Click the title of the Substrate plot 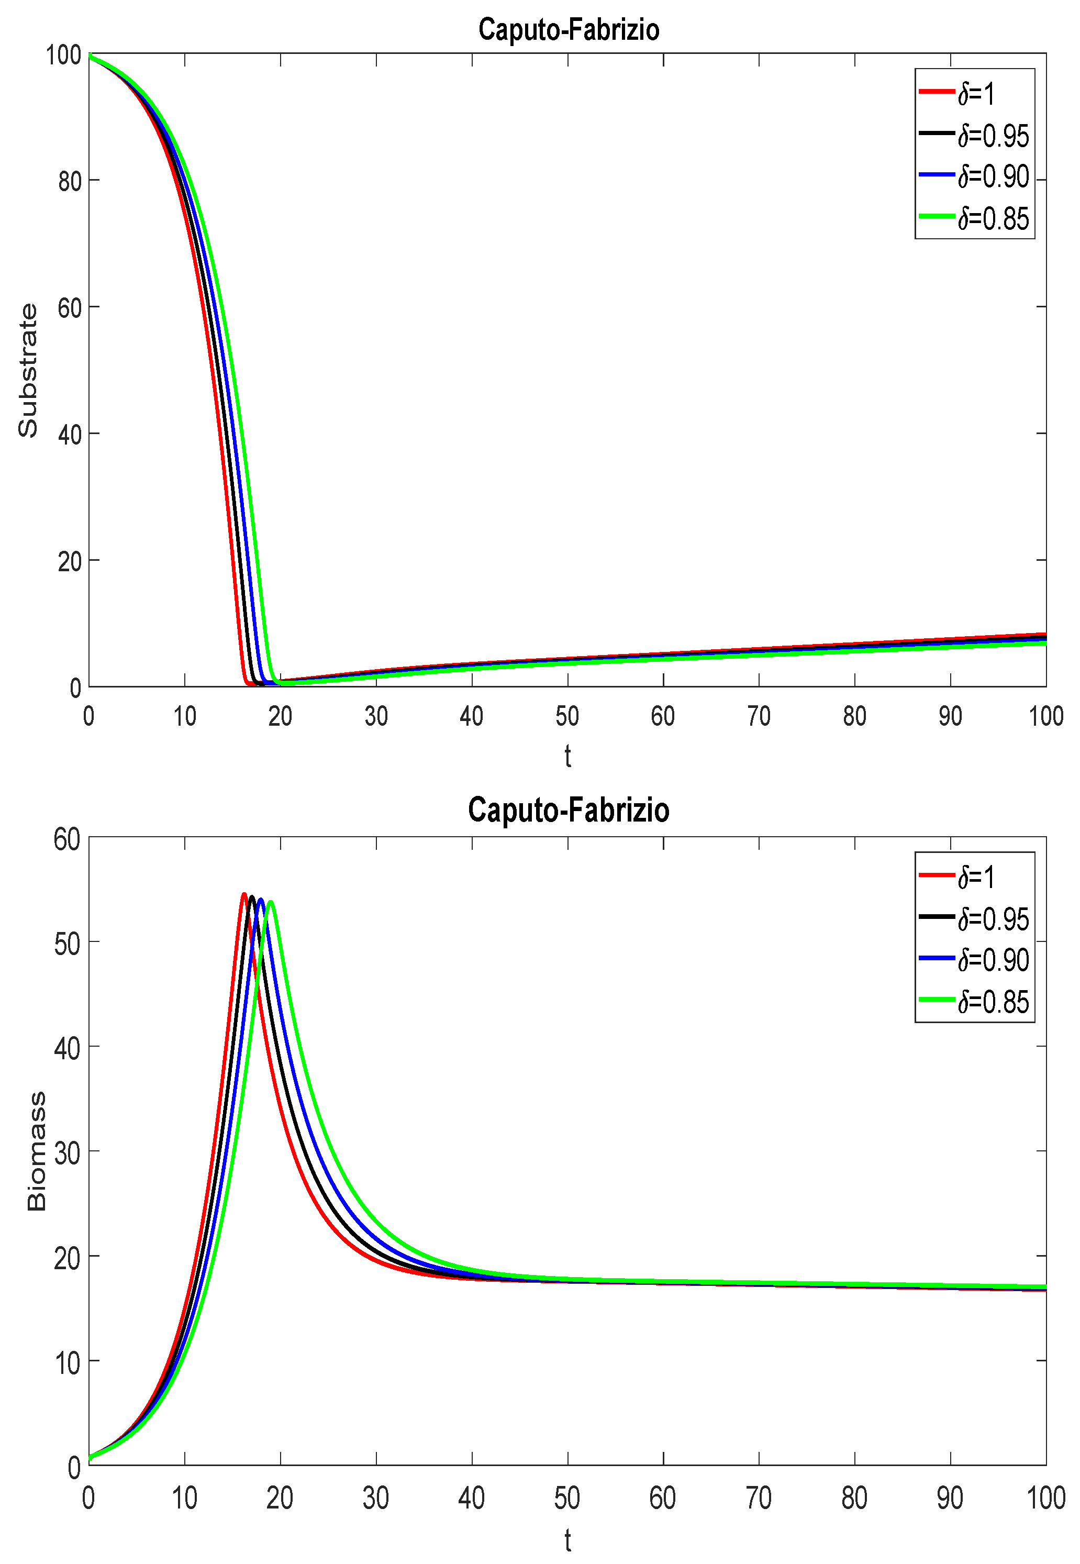tap(569, 30)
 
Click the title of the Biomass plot tap(569, 810)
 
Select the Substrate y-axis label tap(28, 370)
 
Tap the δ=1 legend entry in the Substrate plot tap(974, 93)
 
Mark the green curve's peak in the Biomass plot tap(271, 902)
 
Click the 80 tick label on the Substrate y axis tap(70, 181)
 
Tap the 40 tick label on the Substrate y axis tap(70, 435)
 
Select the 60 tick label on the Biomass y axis tap(67, 839)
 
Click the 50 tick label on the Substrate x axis tap(567, 716)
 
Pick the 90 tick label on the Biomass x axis tap(950, 1498)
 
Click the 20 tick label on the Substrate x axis tap(280, 716)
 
